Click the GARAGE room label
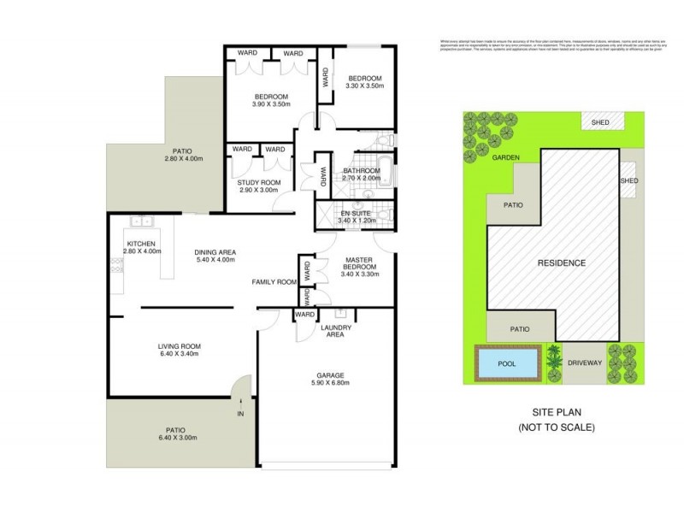[x=328, y=376]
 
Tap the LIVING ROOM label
[x=179, y=346]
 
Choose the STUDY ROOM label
[x=259, y=183]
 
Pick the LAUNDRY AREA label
[x=332, y=330]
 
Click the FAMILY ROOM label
[x=274, y=281]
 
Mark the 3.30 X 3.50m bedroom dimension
[x=364, y=85]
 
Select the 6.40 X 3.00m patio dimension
[x=178, y=438]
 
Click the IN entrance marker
[x=241, y=416]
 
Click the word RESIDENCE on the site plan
[x=562, y=262]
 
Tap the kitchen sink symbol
[x=141, y=221]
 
